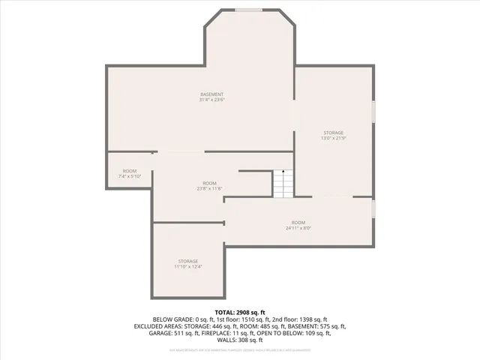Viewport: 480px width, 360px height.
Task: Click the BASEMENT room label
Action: [x=212, y=94]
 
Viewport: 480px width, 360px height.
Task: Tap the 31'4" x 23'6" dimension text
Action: [x=212, y=100]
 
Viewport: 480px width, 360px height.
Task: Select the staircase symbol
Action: [x=281, y=184]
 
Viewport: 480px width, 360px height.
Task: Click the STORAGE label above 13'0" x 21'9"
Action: [x=334, y=133]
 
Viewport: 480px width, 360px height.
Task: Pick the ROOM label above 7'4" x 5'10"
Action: [x=130, y=170]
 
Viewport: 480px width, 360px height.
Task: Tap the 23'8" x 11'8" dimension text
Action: [x=209, y=189]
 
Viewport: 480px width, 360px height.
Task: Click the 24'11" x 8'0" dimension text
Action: [x=298, y=228]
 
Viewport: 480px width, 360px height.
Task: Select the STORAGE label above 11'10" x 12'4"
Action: [x=188, y=261]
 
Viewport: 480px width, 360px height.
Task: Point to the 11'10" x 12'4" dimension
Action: [x=188, y=267]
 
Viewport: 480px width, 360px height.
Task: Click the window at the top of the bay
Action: [x=249, y=10]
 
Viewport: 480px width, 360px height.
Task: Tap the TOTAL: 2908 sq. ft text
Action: [x=240, y=312]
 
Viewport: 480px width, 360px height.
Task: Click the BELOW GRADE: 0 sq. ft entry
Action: [x=183, y=319]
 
